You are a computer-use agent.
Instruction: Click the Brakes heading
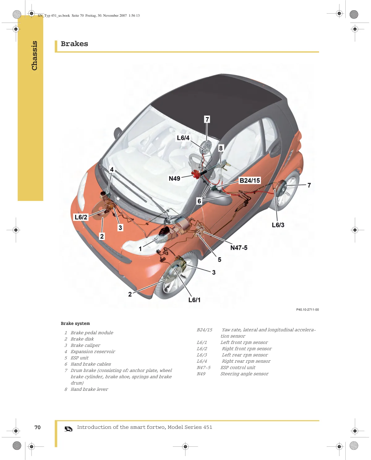(x=74, y=44)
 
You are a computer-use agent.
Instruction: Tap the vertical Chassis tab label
(x=34, y=56)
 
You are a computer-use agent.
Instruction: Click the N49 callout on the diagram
(x=174, y=178)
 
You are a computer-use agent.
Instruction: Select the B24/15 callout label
(x=249, y=181)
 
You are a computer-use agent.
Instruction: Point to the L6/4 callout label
(x=183, y=138)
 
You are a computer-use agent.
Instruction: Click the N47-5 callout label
(x=239, y=248)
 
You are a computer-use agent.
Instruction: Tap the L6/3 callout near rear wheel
(x=278, y=225)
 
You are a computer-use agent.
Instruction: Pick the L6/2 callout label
(x=81, y=217)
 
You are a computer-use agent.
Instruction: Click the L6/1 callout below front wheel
(x=194, y=300)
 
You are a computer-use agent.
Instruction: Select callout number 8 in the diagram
(x=221, y=148)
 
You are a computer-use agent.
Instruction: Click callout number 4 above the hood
(x=112, y=169)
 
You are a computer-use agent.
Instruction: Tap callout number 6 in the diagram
(x=199, y=201)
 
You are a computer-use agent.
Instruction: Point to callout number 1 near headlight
(x=140, y=249)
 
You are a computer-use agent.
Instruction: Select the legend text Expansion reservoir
(x=93, y=351)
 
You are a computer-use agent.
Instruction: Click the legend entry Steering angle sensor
(x=244, y=374)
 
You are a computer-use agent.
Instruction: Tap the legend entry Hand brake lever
(x=89, y=389)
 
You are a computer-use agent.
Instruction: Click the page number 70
(x=37, y=427)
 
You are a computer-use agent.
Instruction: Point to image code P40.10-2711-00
(x=307, y=309)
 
